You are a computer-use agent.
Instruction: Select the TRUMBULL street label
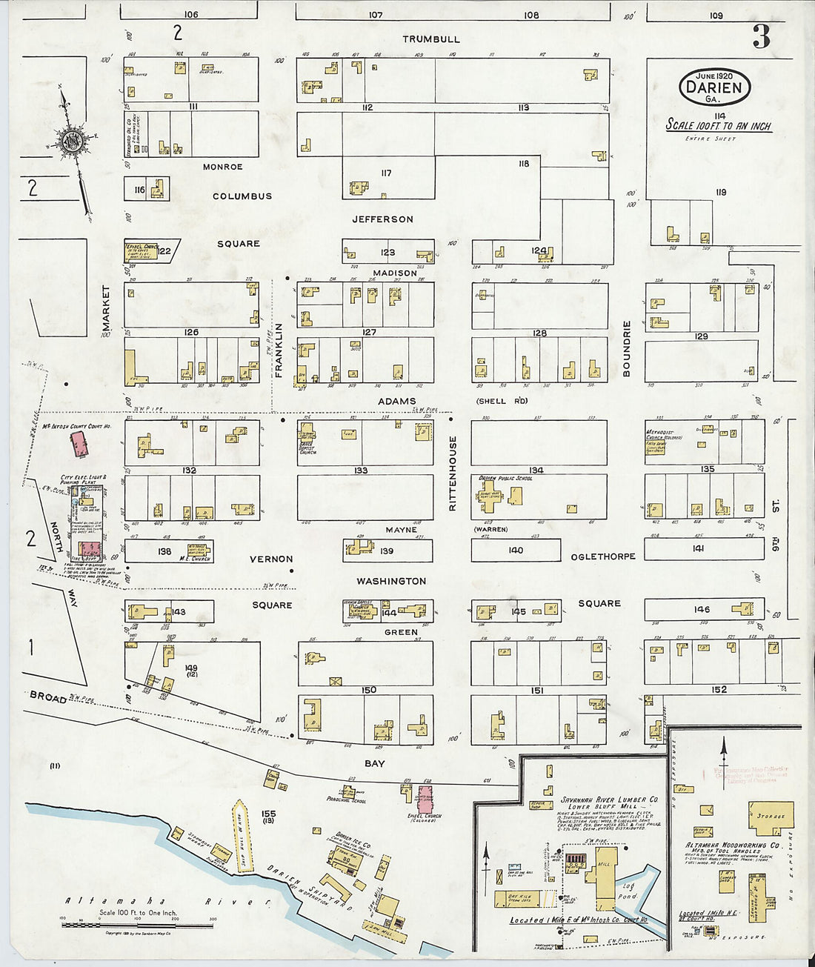tap(431, 39)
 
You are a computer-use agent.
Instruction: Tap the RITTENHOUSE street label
tap(453, 473)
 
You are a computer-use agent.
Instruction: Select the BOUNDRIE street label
tap(626, 349)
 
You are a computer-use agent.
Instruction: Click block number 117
tap(386, 173)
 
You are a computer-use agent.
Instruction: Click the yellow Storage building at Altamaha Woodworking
tap(770, 817)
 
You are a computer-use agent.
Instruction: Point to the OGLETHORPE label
tap(602, 556)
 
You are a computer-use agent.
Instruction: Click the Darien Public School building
tap(490, 498)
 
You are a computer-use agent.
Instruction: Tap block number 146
tap(702, 609)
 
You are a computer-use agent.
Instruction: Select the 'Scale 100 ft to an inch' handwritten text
tap(718, 125)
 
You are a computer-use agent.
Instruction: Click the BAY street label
tap(375, 763)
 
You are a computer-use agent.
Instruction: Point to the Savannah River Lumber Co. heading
tap(609, 800)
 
